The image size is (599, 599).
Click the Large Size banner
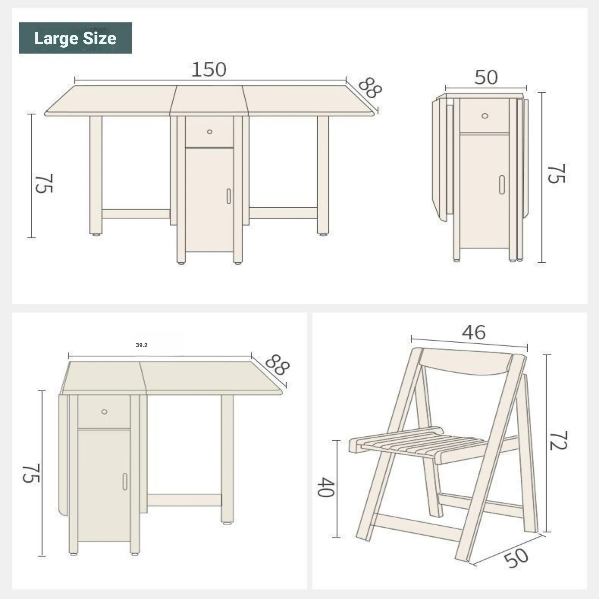pos(75,38)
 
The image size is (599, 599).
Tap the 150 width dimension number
pos(209,70)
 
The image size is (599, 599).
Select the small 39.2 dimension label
pos(142,345)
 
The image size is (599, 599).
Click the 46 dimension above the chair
pos(474,333)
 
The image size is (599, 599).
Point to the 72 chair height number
pos(558,440)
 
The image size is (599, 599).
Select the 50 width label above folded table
pos(486,77)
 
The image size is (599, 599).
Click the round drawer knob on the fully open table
pos(210,132)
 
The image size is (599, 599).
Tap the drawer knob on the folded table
pos(485,116)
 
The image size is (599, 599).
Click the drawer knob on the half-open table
pos(104,412)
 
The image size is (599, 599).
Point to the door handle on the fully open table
pos(228,196)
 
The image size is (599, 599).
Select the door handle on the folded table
pos(502,185)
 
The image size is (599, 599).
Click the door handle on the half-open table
pos(125,481)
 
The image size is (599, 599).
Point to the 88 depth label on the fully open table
pos(370,88)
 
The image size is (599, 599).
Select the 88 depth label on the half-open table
pos(278,365)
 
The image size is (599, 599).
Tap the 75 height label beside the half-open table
pos(31,473)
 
